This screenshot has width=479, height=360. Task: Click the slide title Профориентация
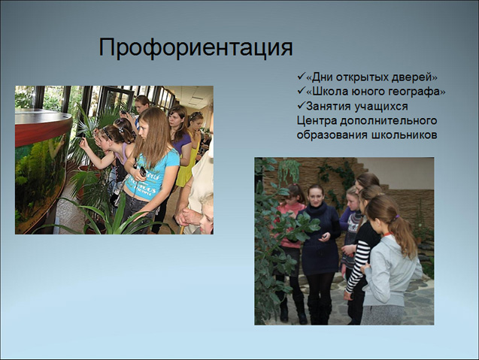pos(196,48)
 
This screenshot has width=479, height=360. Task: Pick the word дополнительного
pos(388,121)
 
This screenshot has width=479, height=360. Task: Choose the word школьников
pos(404,135)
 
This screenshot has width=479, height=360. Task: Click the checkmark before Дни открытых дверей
pos(301,76)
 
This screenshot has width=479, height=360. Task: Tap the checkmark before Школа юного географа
pos(301,90)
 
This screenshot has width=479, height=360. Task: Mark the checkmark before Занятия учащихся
pos(301,105)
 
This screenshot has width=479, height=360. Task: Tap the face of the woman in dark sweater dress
pos(315,195)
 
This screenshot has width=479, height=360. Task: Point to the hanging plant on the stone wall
pos(290,171)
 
